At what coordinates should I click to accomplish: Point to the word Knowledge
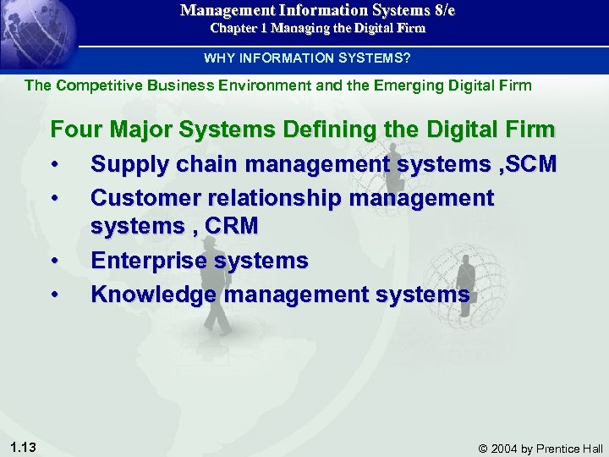(x=151, y=295)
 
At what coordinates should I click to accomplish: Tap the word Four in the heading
(x=76, y=130)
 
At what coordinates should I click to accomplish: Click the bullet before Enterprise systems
(x=55, y=261)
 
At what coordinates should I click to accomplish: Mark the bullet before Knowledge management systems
(x=55, y=295)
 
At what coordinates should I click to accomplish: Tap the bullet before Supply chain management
(x=55, y=164)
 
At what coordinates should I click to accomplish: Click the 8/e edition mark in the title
(x=441, y=10)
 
